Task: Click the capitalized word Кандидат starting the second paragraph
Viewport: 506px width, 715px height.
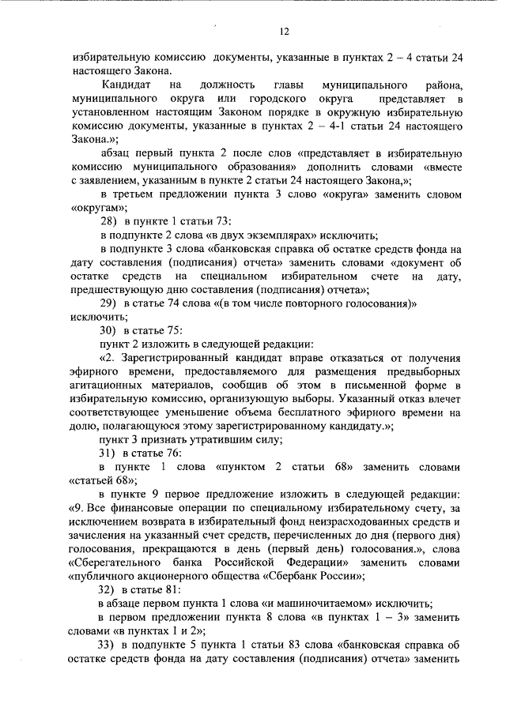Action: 126,85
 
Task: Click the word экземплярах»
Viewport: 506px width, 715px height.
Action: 281,235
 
